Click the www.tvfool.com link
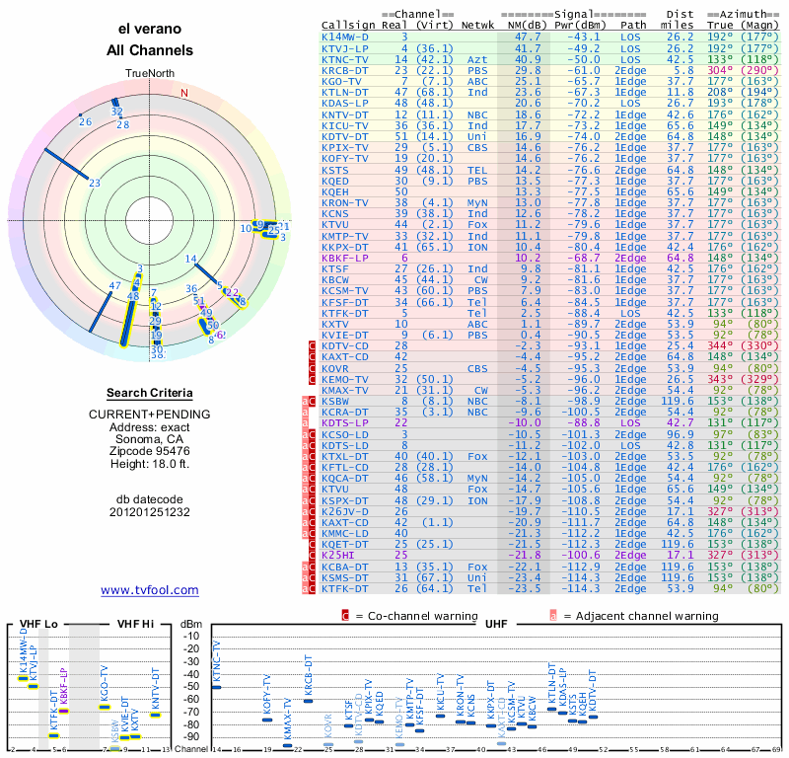[150, 590]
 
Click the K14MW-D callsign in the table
[346, 37]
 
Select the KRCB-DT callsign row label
[346, 69]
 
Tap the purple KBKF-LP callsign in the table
[346, 257]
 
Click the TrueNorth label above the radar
[150, 74]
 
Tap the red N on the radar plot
[183, 94]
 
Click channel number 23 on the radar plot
[95, 183]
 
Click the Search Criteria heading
[150, 393]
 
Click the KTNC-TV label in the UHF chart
[217, 661]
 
